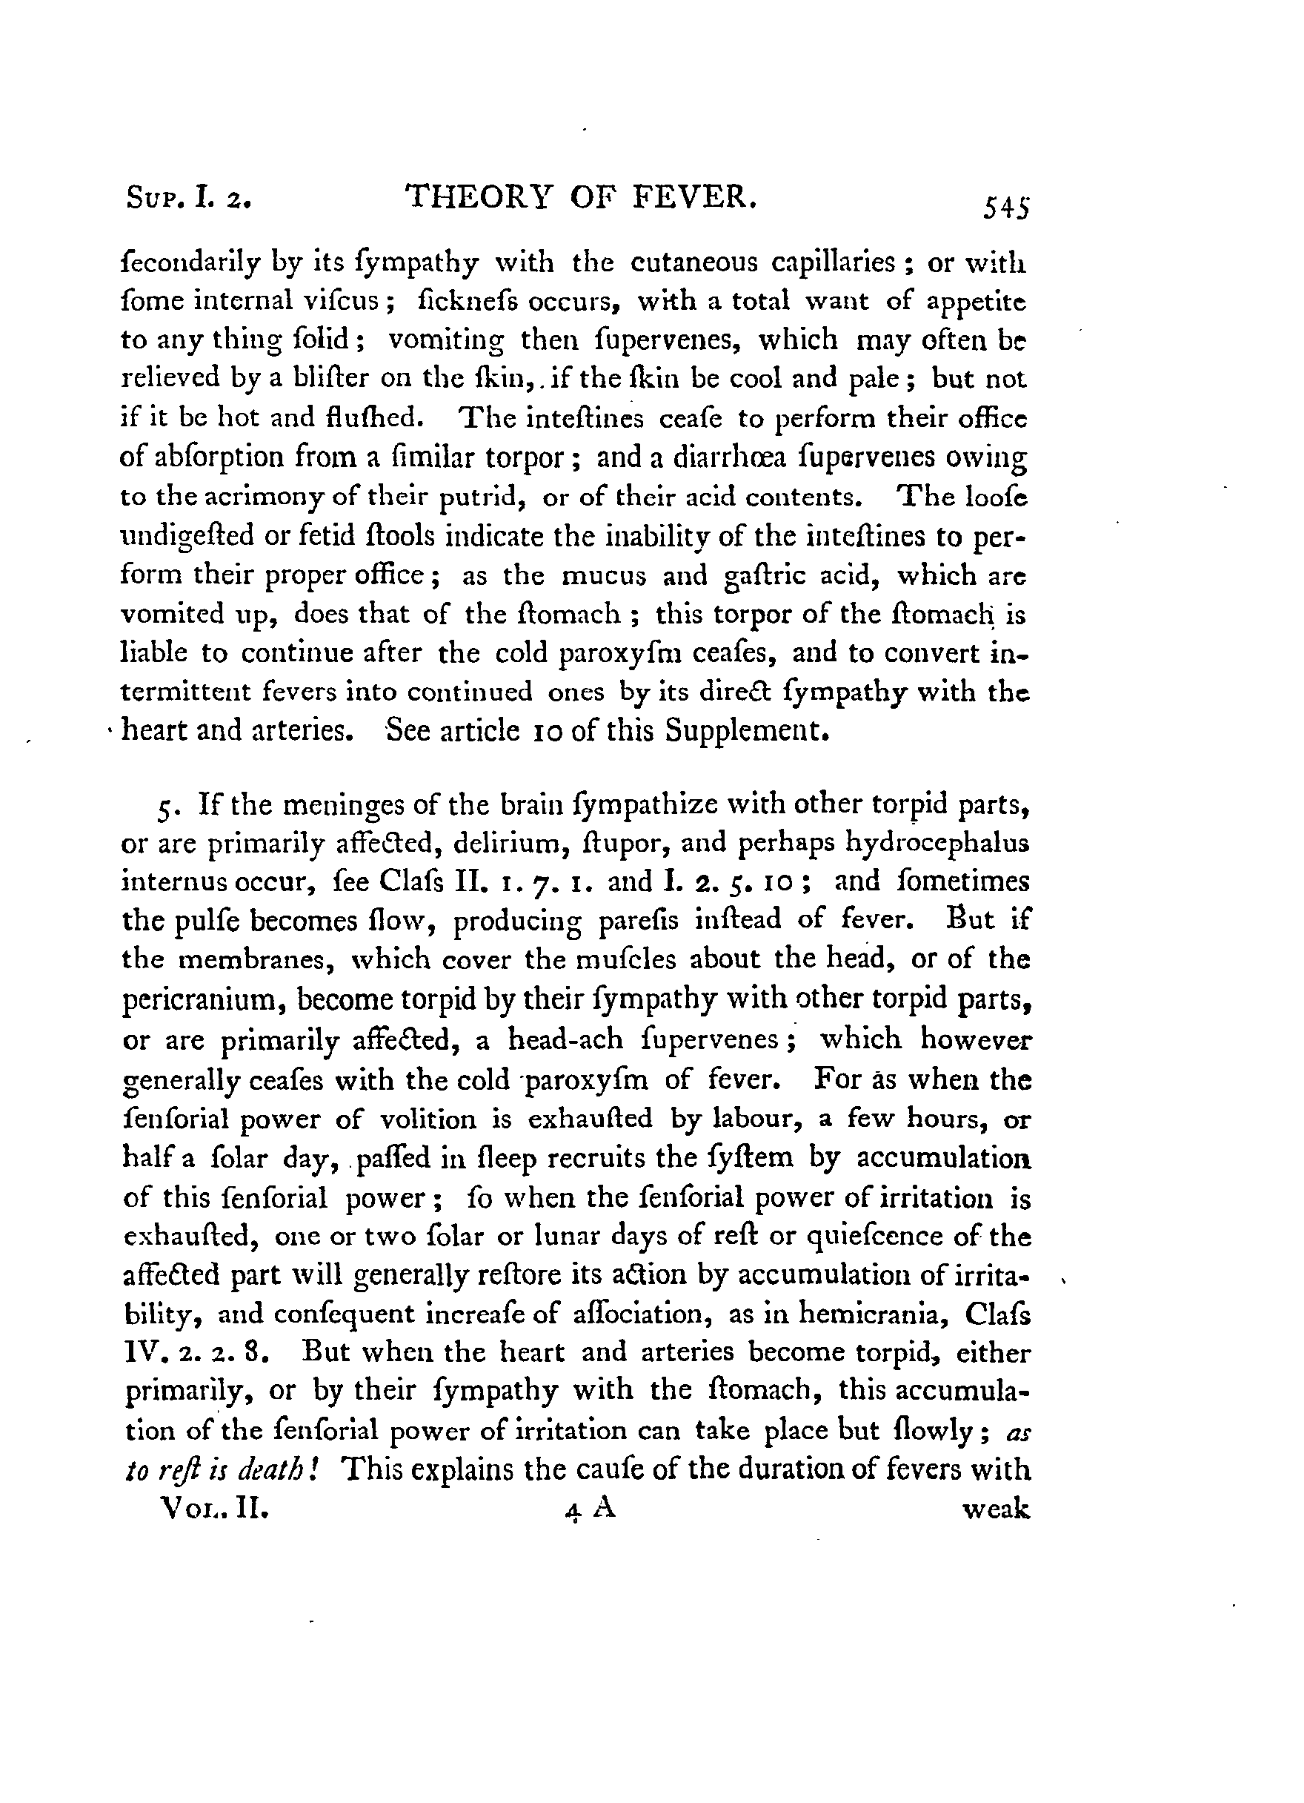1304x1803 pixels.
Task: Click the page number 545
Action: (x=1006, y=209)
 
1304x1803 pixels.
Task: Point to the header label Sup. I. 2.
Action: (x=188, y=197)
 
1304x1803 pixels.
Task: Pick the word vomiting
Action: (x=446, y=340)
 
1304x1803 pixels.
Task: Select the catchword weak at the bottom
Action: (x=997, y=1509)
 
